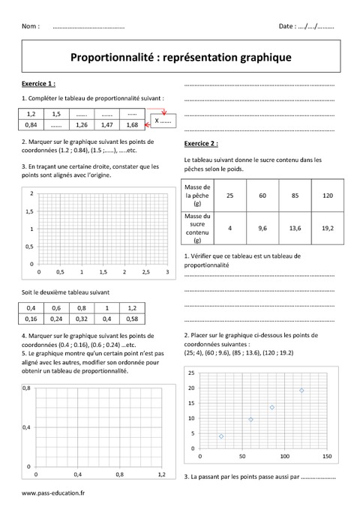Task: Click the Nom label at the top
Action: tap(31, 26)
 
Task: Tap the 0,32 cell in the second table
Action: tap(82, 319)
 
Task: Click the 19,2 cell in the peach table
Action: tap(326, 228)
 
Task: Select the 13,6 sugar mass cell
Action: tap(293, 228)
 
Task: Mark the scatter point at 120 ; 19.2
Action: tap(302, 390)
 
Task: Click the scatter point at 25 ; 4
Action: tap(221, 436)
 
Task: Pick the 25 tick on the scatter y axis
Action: tap(191, 373)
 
